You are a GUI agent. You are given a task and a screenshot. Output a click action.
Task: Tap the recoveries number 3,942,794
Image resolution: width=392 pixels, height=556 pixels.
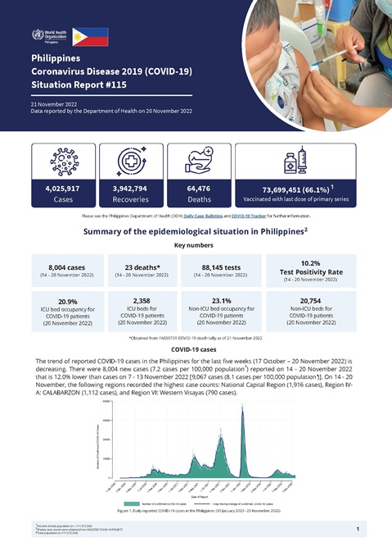(x=129, y=188)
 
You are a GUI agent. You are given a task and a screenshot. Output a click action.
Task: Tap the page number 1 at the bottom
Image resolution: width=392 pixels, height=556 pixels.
(x=358, y=530)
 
